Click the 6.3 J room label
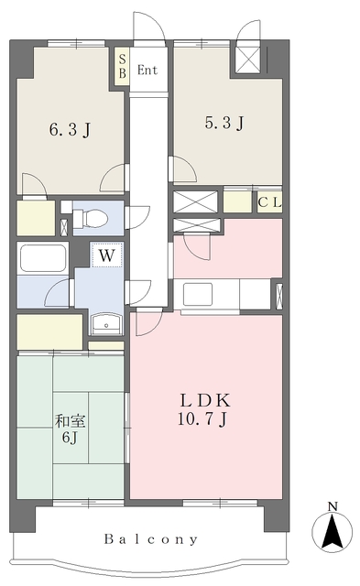[x=70, y=130]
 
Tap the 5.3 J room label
[x=224, y=122]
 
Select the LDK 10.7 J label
[x=204, y=409]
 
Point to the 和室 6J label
[x=71, y=429]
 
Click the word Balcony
[x=151, y=539]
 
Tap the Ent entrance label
[x=147, y=70]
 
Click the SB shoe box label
[x=122, y=67]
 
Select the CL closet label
[x=269, y=202]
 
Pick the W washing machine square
[x=107, y=255]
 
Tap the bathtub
[x=43, y=258]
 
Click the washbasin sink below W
[x=106, y=323]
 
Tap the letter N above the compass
[x=333, y=506]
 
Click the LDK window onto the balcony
[x=220, y=503]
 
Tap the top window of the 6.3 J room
[x=77, y=43]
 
